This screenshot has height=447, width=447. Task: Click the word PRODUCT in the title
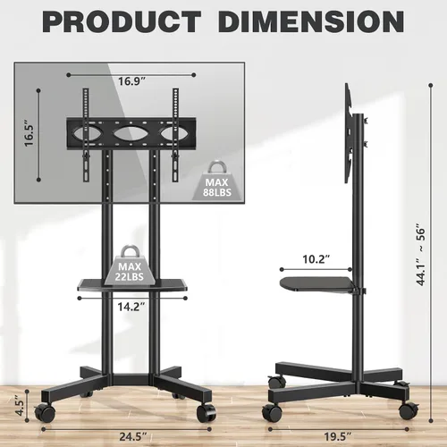122,21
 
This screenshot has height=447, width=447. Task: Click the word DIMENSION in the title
311,21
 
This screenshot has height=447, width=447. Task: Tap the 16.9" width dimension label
131,81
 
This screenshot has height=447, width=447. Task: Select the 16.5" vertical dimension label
30,133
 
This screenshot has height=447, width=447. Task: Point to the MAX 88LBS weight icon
217,181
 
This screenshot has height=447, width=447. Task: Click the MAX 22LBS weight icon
130,265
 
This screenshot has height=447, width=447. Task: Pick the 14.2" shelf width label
131,307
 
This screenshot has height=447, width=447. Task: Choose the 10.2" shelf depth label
316,259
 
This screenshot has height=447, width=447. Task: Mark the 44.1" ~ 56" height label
421,257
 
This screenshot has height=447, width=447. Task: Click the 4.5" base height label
20,406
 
